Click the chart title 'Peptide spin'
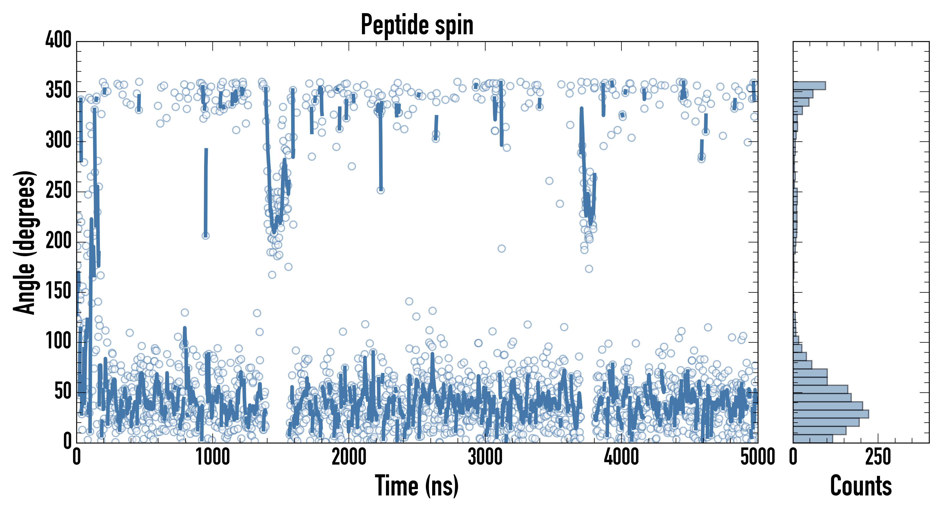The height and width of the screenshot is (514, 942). tap(417, 25)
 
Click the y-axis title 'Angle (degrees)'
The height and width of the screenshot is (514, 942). tap(25, 242)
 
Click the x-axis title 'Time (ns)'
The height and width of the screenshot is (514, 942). tap(416, 485)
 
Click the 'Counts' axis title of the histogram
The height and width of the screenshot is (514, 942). tap(861, 485)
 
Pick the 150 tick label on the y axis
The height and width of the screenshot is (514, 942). tap(59, 291)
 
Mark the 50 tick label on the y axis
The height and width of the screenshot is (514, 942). tap(63, 391)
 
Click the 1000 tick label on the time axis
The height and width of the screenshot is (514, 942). tap(213, 457)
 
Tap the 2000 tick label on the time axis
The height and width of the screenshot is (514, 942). tap(349, 457)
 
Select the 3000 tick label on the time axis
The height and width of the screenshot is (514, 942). tap(485, 457)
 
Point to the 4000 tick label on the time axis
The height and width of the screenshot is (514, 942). tap(621, 457)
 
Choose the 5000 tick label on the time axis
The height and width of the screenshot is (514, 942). tap(758, 457)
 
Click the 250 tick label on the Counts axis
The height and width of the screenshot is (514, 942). tap(878, 457)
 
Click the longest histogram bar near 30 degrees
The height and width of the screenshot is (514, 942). tap(830, 414)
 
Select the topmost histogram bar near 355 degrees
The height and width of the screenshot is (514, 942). tap(809, 86)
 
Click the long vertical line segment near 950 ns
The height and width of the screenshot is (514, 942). tap(206, 192)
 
